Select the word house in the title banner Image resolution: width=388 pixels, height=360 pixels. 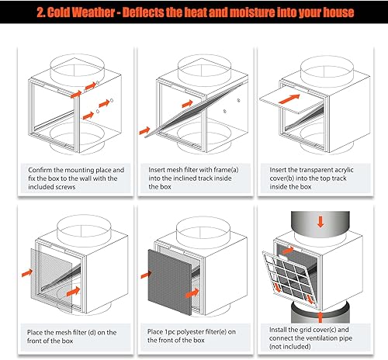pyautogui.click(x=336, y=12)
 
